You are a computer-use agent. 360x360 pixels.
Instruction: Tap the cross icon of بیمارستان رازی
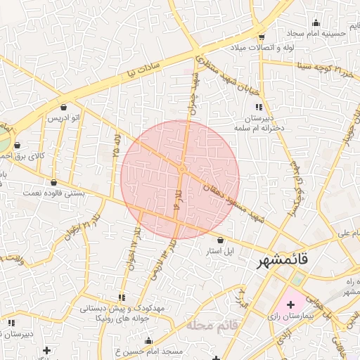(291, 304)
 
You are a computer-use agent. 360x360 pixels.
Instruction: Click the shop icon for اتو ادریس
(65, 108)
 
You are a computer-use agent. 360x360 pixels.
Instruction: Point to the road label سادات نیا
(145, 67)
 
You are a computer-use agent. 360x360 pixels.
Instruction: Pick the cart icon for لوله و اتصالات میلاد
(262, 37)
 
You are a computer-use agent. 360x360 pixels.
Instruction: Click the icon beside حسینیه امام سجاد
(316, 22)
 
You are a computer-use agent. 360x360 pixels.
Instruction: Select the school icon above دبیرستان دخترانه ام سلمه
(259, 108)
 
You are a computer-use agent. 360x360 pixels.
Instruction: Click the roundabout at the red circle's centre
(181, 169)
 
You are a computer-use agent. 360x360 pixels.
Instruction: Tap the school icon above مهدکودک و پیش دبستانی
(122, 297)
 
